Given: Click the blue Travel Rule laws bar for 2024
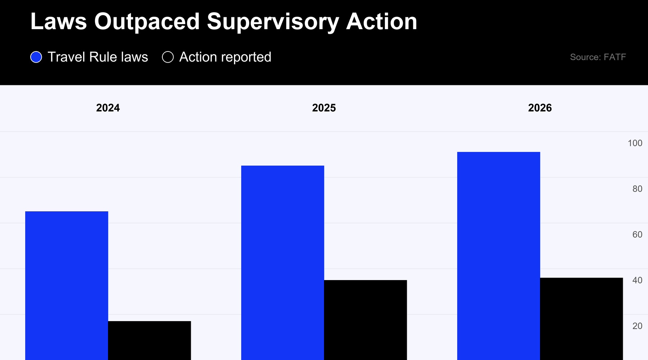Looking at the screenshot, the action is (x=67, y=285).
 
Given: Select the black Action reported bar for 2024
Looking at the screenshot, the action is (x=149, y=341).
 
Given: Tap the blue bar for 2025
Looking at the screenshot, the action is (x=283, y=263).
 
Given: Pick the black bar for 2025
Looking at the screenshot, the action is (x=365, y=320).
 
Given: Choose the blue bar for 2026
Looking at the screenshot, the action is (x=499, y=256).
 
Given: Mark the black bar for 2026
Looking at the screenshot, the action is (x=581, y=319).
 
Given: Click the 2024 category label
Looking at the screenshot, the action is (x=108, y=108).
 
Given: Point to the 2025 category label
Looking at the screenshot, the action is (x=324, y=108).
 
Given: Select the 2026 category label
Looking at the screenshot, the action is (x=540, y=108).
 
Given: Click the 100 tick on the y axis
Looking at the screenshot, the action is (x=635, y=143).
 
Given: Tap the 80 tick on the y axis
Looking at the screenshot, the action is (x=637, y=189).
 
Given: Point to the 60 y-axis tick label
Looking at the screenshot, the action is (x=637, y=234).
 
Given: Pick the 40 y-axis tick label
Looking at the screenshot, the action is (x=637, y=280).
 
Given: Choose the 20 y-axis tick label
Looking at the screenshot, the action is (x=637, y=326).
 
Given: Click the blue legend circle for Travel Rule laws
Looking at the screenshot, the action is (x=36, y=57).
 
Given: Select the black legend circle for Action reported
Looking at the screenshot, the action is (x=168, y=57).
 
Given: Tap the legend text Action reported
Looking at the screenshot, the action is (x=225, y=57).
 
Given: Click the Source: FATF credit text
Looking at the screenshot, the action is (x=598, y=57).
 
